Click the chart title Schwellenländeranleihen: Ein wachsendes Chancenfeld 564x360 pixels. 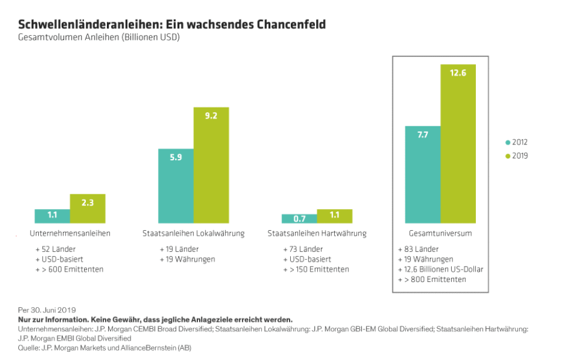coord(172,25)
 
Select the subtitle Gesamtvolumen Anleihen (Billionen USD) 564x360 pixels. coord(99,38)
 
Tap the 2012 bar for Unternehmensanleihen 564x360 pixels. coord(52,216)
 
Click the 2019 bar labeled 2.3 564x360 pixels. coord(88,208)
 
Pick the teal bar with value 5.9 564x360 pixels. coord(176,186)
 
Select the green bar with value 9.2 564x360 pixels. coord(211,165)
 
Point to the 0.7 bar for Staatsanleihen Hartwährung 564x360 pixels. coord(299,218)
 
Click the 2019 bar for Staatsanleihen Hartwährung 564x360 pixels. coord(334,216)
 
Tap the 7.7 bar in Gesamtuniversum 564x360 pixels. coord(422,174)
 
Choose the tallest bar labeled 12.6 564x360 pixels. coord(458,143)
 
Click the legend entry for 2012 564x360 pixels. coord(516,142)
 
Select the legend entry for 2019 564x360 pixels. coord(516,156)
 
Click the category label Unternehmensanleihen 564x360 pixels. coord(70,233)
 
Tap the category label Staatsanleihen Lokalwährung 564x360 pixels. coord(193,233)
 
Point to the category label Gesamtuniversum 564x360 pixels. coord(440,233)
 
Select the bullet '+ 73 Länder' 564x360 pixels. coord(303,249)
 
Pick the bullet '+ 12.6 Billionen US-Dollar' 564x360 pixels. coord(440,269)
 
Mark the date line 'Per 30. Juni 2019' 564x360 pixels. coord(47,309)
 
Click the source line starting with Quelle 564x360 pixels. coord(105,348)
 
